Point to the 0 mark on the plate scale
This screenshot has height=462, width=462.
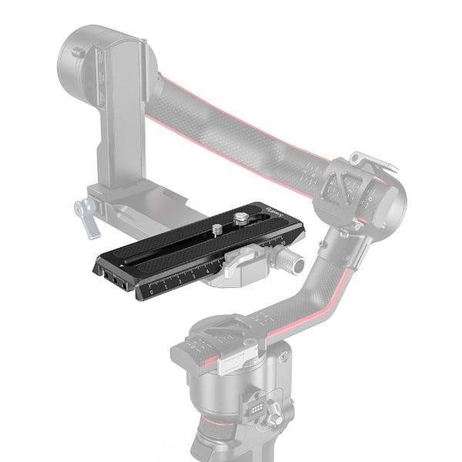tap(152, 292)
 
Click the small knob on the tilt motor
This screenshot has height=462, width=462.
tap(77, 53)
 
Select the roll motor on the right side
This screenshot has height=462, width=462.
tap(370, 192)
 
